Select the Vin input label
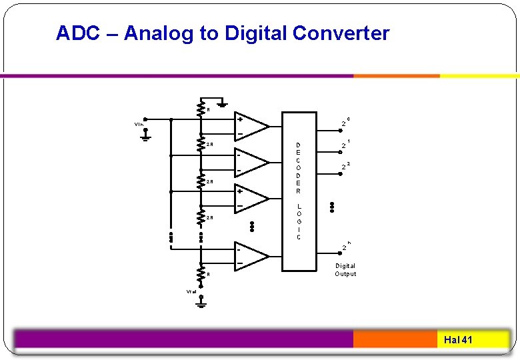(x=138, y=124)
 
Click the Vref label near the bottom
(x=191, y=291)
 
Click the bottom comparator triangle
(x=251, y=256)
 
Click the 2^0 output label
(x=345, y=123)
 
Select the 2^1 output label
(x=345, y=144)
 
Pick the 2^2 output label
(x=345, y=165)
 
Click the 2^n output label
(x=345, y=246)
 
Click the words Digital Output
(x=345, y=269)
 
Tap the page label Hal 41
(x=458, y=340)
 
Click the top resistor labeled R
(x=201, y=108)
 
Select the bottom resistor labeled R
(x=201, y=273)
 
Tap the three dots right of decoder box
(x=331, y=207)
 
